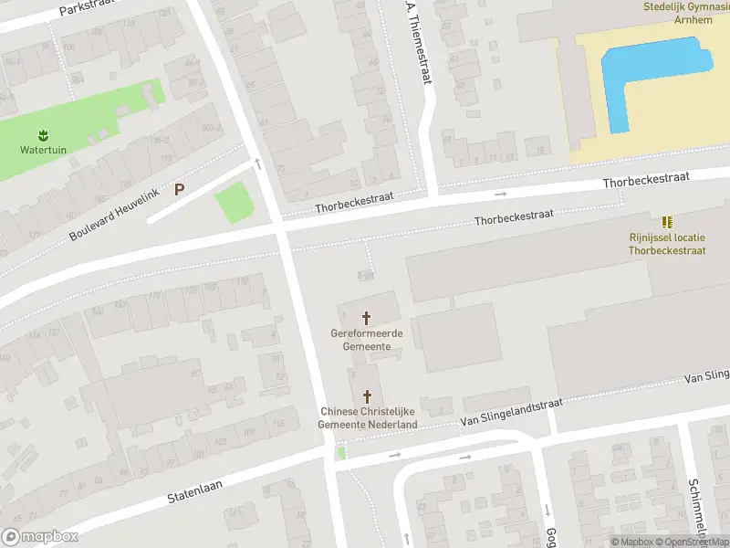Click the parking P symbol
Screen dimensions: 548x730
coord(180,190)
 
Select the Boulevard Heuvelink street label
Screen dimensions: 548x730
coord(113,212)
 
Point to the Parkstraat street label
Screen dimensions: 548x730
coord(90,8)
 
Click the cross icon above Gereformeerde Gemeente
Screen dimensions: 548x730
coord(367,318)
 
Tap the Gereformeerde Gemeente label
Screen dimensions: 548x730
coord(367,340)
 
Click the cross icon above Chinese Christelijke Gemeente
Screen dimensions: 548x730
coord(368,396)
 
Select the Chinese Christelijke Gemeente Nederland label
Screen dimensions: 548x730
coord(368,418)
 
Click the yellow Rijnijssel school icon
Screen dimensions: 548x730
coord(667,222)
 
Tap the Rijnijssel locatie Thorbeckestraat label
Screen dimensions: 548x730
coord(667,243)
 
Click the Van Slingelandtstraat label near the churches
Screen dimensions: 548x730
coord(512,412)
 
